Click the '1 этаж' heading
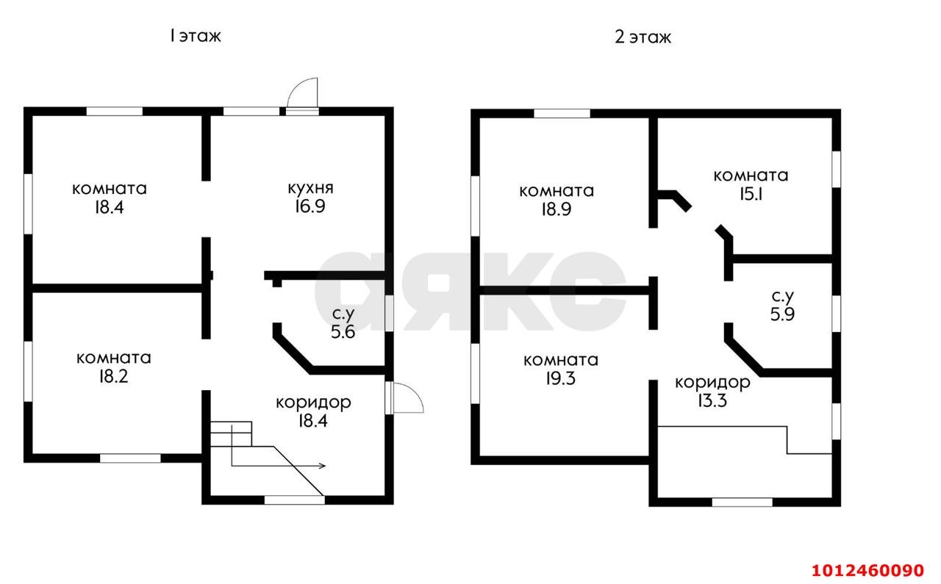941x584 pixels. [195, 36]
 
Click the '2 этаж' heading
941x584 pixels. [643, 37]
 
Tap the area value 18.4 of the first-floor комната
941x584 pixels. [109, 207]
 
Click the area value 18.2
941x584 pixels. [113, 377]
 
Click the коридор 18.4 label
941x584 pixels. [313, 411]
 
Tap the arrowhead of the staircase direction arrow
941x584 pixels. [323, 466]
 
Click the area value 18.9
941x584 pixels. [557, 209]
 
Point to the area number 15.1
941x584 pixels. [751, 194]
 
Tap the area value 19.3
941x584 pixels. [560, 379]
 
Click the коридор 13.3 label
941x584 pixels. [712, 392]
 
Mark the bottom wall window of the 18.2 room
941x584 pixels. [130, 458]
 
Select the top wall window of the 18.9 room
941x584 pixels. [562, 113]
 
